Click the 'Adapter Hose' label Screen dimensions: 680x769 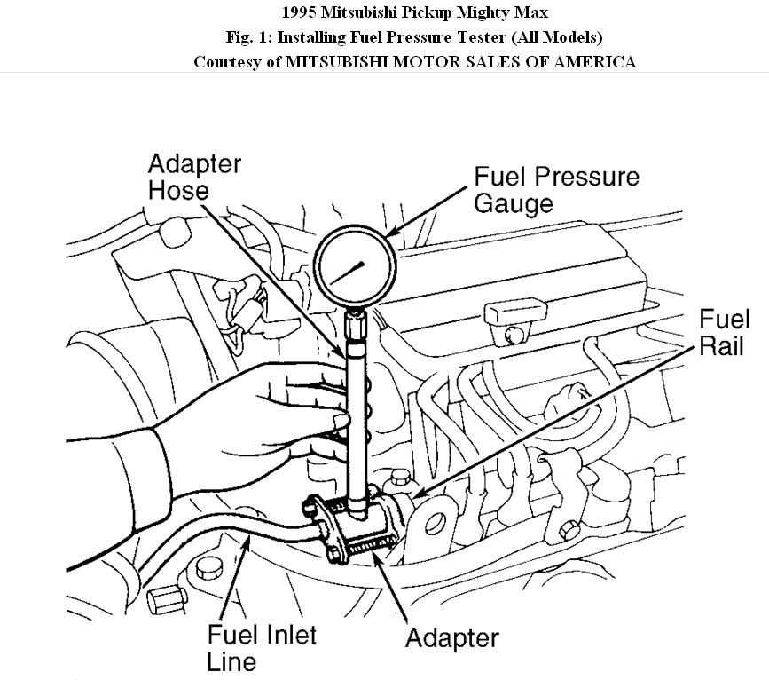[193, 177]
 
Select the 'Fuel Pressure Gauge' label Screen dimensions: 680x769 [555, 188]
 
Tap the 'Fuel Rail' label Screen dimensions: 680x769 [724, 332]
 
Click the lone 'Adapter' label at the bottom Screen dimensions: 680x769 [451, 637]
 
